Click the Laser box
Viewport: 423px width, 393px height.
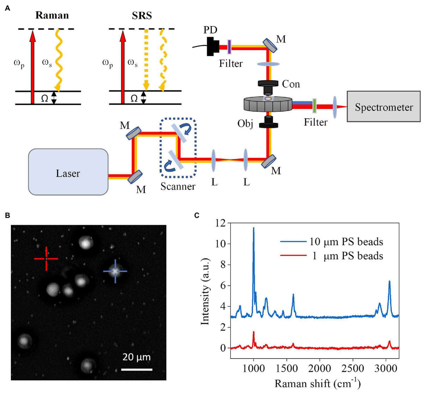[68, 172]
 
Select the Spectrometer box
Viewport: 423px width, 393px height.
[384, 107]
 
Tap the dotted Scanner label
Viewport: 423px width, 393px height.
[178, 186]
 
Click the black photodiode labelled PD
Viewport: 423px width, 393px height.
[211, 46]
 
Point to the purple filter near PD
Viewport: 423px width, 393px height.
[229, 47]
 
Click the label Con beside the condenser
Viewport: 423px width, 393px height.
[291, 84]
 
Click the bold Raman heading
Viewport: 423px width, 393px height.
[52, 15]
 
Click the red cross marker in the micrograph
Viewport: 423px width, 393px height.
[46, 258]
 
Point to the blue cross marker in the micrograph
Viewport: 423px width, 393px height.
[115, 271]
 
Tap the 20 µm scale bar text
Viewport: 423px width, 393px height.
[136, 357]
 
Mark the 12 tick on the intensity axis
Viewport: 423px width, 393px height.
[220, 223]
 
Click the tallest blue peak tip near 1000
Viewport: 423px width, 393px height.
[253, 228]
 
